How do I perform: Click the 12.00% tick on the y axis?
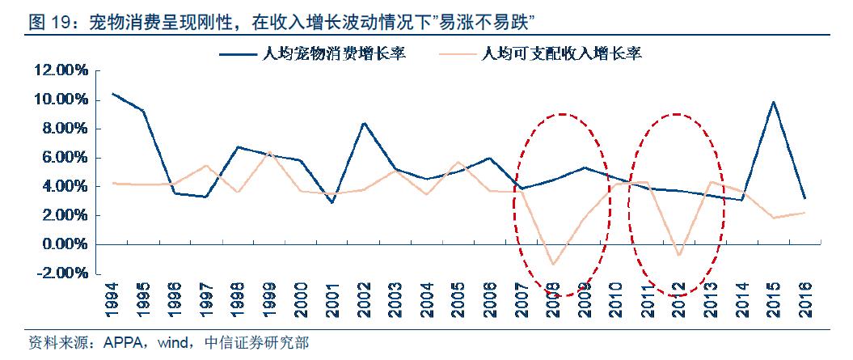point(60,71)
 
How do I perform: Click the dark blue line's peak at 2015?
point(774,102)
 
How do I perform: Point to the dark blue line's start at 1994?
point(112,93)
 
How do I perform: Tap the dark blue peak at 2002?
point(365,123)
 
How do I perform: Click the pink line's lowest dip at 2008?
point(554,265)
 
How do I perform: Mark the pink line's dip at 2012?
point(679,256)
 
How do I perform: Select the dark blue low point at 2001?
point(333,202)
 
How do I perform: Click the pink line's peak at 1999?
point(270,151)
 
